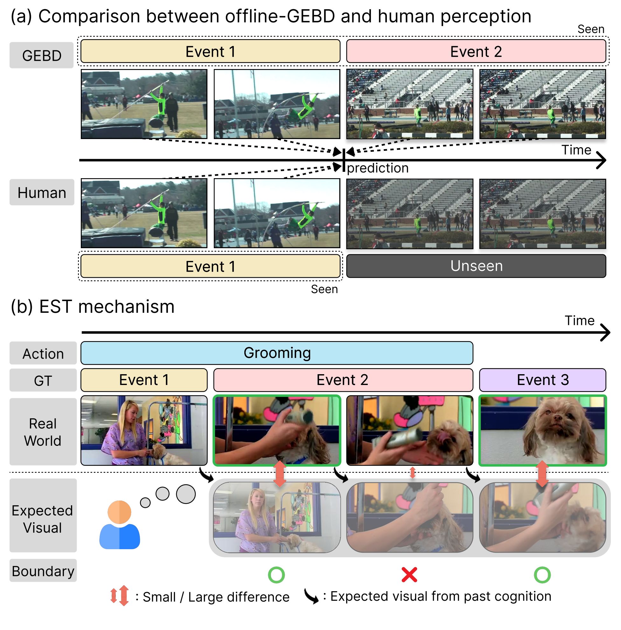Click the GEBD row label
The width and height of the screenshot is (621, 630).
point(42,55)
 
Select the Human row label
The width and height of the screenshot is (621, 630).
point(42,192)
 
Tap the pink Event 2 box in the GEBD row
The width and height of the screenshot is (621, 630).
point(476,52)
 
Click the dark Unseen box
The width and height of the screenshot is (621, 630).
point(476,266)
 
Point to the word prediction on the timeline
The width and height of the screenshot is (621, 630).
point(378,168)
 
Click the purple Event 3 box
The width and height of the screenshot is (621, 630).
point(542,380)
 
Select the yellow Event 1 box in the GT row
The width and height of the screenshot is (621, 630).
point(144,380)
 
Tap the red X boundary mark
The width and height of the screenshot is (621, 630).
point(409,575)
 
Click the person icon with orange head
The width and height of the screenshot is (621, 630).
point(120,525)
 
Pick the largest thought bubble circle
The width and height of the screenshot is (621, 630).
point(185,494)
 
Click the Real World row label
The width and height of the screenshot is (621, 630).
point(43,432)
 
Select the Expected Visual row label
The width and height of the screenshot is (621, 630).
point(43,519)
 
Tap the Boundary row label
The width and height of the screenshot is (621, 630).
point(43,571)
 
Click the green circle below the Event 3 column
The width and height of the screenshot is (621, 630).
point(542,575)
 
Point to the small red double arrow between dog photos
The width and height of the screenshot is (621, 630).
point(412,472)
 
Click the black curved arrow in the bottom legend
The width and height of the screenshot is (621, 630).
point(311,596)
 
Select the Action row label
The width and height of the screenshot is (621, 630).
point(43,353)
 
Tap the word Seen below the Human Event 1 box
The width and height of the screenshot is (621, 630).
point(324,289)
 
